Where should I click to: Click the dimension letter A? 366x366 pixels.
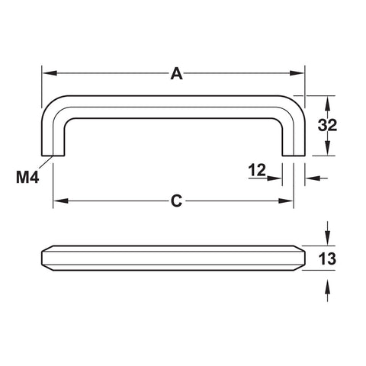pos(176,73)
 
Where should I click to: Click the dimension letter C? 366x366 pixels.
pos(176,201)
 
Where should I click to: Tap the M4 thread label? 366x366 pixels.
pos(27,177)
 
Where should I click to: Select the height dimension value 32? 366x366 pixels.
pos(327,125)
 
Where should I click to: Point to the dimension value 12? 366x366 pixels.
pos(257,170)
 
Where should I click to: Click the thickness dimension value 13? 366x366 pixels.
pos(327,258)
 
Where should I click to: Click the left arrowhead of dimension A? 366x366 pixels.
pos(50,73)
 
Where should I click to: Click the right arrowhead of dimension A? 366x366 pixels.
pos(297,73)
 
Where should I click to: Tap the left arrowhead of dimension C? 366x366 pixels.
pos(61,201)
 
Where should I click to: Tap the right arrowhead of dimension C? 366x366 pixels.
pos(286,201)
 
